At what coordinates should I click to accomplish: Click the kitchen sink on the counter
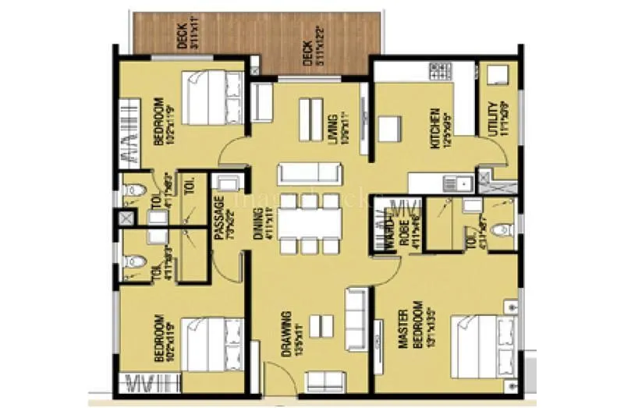pyautogui.click(x=455, y=184)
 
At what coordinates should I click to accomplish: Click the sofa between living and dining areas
pyautogui.click(x=310, y=172)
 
